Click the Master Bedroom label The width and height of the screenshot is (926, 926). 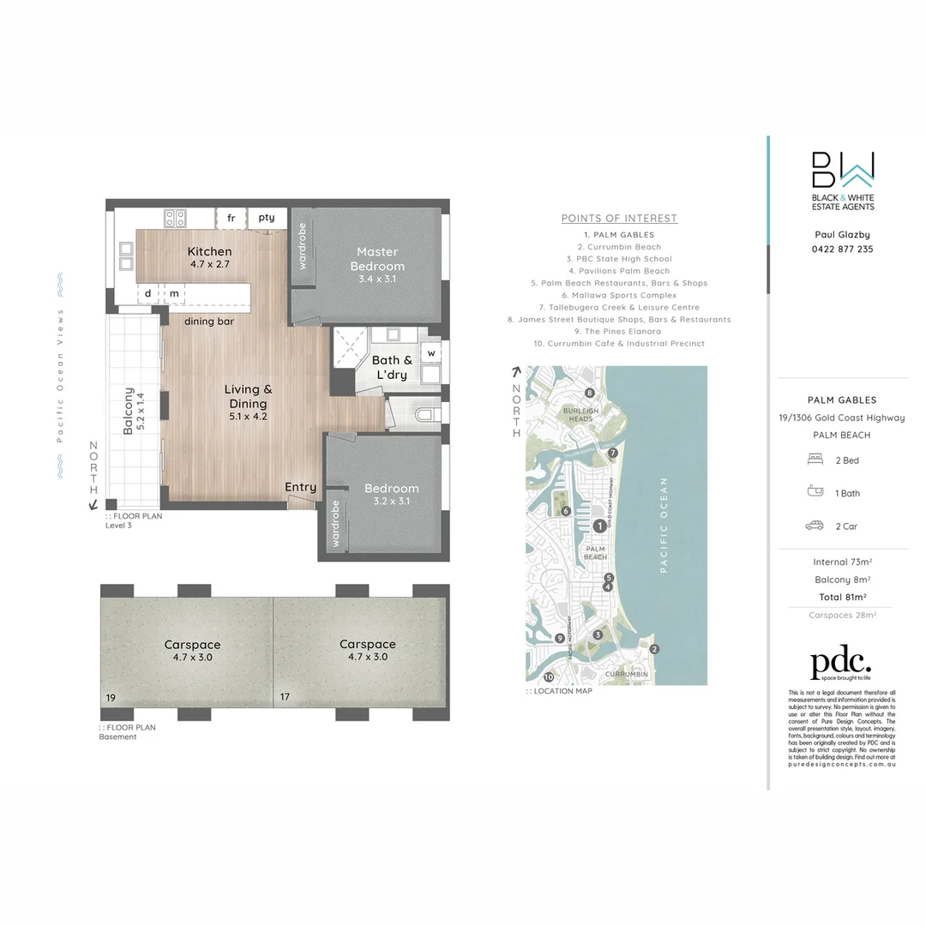pyautogui.click(x=377, y=259)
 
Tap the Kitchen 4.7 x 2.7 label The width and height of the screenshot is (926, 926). pyautogui.click(x=210, y=258)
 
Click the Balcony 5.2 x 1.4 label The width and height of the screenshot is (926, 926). pyautogui.click(x=133, y=412)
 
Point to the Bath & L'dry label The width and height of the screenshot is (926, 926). pyautogui.click(x=392, y=367)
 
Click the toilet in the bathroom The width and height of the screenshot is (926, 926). pyautogui.click(x=424, y=415)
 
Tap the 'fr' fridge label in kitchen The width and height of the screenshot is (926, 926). pyautogui.click(x=231, y=219)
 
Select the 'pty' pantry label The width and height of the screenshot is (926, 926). pyautogui.click(x=267, y=219)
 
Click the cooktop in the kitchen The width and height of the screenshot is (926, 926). pyautogui.click(x=175, y=218)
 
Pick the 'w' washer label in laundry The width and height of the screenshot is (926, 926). pyautogui.click(x=431, y=352)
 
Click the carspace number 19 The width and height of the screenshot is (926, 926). pyautogui.click(x=111, y=698)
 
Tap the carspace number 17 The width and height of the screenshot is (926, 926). pyautogui.click(x=285, y=698)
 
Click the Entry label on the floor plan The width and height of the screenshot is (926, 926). pyautogui.click(x=300, y=487)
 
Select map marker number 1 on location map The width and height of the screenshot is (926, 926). pyautogui.click(x=599, y=526)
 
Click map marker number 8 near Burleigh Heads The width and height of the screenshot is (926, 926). pyautogui.click(x=589, y=393)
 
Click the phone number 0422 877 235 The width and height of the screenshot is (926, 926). pyautogui.click(x=843, y=250)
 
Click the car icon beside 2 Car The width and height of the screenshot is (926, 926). pyautogui.click(x=814, y=526)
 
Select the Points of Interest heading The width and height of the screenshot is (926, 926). pyautogui.click(x=619, y=219)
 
